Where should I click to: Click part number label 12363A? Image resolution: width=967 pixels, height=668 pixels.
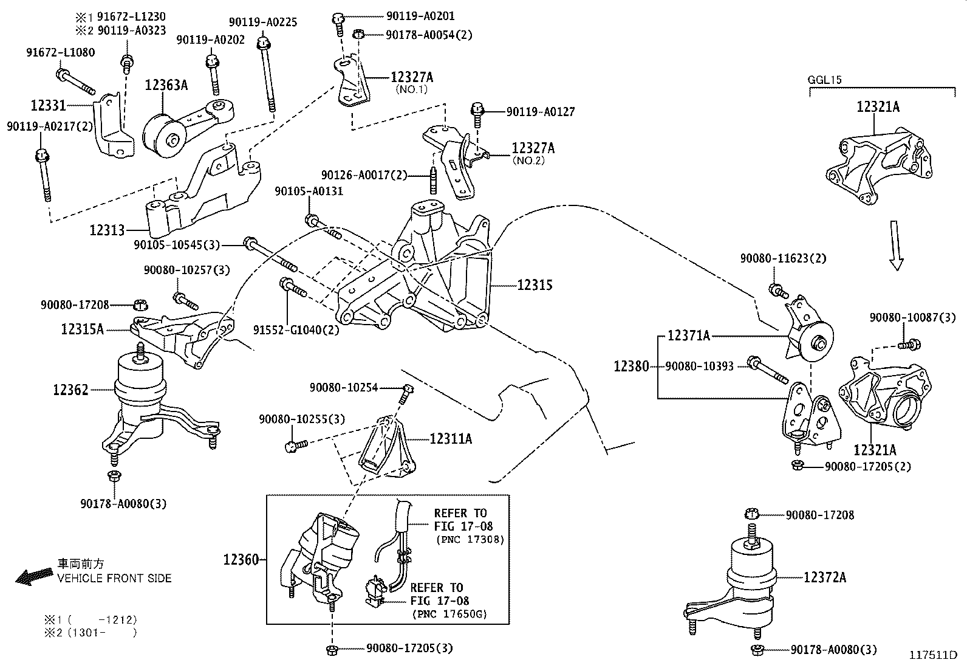[x=166, y=85]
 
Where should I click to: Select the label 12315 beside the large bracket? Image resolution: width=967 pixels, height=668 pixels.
[x=535, y=284]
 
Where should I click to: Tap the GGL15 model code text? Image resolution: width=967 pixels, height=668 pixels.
[x=824, y=80]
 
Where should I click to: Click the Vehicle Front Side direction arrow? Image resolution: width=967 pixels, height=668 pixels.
[x=34, y=576]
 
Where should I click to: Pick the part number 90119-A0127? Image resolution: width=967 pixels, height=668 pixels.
[x=540, y=112]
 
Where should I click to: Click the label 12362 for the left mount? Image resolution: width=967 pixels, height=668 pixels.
[x=70, y=390]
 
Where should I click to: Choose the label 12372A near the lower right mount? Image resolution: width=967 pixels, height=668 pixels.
[x=824, y=577]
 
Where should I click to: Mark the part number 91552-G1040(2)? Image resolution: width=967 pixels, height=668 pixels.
[x=296, y=330]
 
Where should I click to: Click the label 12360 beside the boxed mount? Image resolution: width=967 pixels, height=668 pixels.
[x=241, y=560]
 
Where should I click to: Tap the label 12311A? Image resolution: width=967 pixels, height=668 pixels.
[x=450, y=438]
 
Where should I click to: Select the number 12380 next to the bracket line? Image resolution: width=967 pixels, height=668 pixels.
[x=631, y=367]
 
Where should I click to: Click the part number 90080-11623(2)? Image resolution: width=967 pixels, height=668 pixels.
[x=783, y=258]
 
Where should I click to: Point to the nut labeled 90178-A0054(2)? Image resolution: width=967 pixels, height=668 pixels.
[x=358, y=34]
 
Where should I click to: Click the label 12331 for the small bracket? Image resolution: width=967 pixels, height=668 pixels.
[x=48, y=105]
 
